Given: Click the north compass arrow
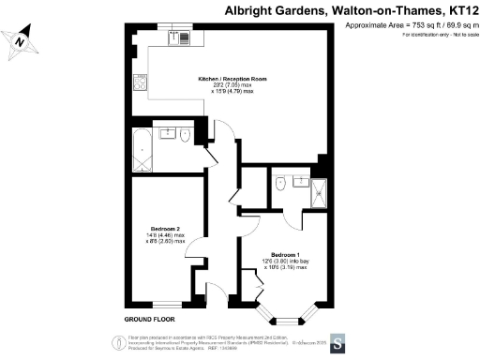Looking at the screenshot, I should coord(25,39).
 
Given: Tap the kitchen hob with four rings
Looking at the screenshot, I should coord(140,82).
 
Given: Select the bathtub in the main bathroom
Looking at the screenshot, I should coord(142,149).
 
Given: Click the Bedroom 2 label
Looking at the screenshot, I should coord(165,228).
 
